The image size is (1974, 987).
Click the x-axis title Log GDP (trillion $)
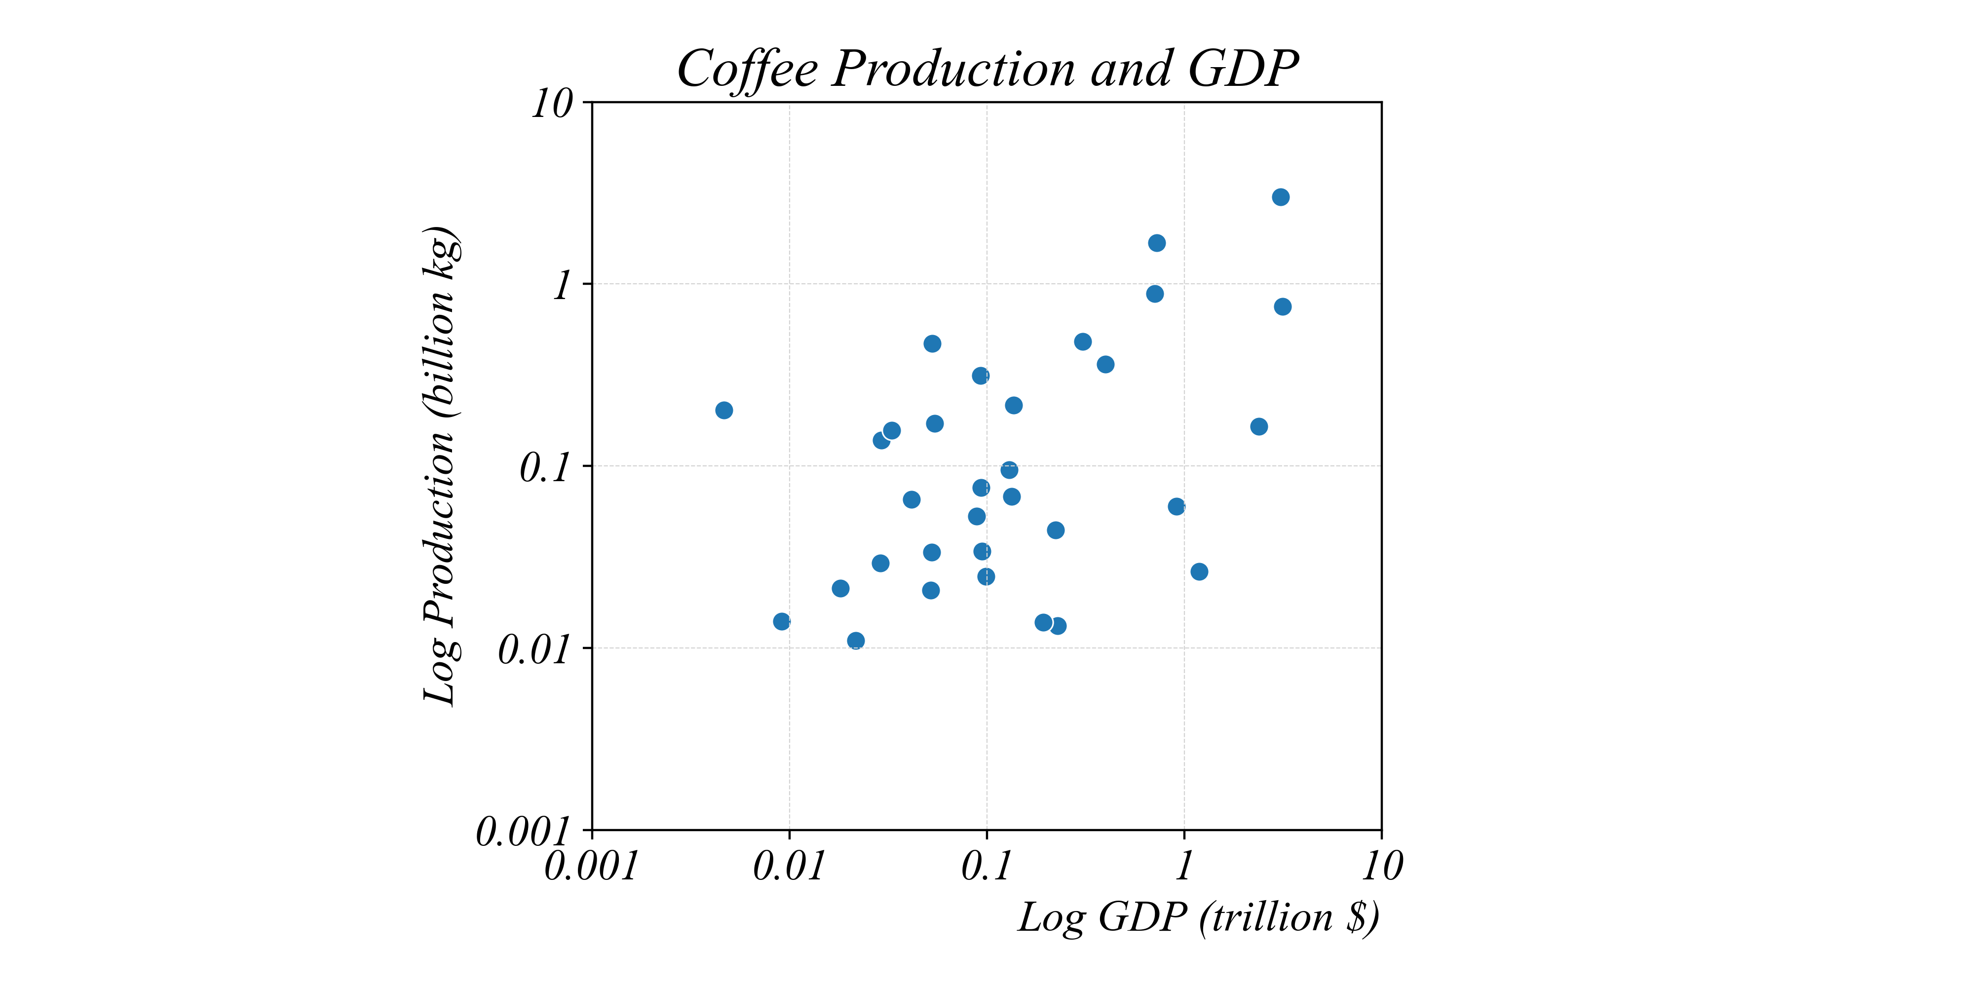tap(1199, 917)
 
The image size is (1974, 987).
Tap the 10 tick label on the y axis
tap(552, 104)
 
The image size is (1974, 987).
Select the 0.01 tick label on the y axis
tap(534, 650)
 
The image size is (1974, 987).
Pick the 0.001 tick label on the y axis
tap(524, 832)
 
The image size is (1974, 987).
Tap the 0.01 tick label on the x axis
tap(789, 867)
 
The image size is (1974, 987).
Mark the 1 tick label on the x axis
tap(1184, 867)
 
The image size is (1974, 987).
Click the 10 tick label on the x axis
tap(1382, 867)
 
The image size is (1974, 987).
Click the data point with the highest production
tap(1281, 197)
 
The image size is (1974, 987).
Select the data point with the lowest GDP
tap(724, 410)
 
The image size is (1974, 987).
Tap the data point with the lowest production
tap(856, 641)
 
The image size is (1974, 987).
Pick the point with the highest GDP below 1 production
tap(1283, 306)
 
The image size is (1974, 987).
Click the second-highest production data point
tap(1157, 243)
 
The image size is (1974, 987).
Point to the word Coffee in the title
tap(747, 69)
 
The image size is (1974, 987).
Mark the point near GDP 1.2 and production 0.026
tap(1199, 571)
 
